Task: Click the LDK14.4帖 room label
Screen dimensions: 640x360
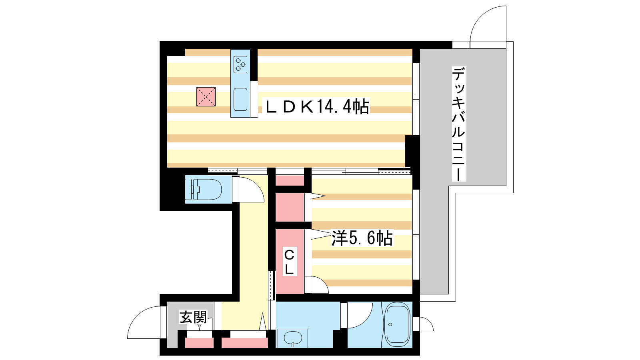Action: (x=318, y=106)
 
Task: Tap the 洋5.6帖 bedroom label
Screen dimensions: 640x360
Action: (x=362, y=238)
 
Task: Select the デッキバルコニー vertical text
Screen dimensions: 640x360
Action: (x=459, y=124)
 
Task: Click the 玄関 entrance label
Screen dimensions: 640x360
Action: (x=193, y=317)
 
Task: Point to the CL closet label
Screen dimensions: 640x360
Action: (x=290, y=262)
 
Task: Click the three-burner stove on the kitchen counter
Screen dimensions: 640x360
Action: (x=240, y=64)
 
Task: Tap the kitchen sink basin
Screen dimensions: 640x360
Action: (x=240, y=99)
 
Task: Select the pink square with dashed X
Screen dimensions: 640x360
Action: (x=206, y=97)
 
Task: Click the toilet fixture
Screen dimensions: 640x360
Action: (x=204, y=189)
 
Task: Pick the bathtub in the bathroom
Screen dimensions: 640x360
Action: (x=397, y=324)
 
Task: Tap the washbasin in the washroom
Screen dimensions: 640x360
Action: (x=293, y=338)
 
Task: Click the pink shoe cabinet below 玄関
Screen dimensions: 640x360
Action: (x=200, y=343)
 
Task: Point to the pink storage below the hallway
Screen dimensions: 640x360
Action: (x=245, y=343)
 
